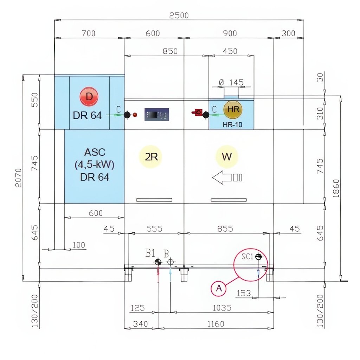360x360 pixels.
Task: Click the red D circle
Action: coord(89,97)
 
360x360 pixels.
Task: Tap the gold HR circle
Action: coord(233,110)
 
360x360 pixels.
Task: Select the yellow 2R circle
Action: coord(151,156)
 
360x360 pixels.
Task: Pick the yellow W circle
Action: coord(227,156)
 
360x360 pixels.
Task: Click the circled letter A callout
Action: coord(219,288)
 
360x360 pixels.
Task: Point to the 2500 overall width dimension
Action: coord(179,15)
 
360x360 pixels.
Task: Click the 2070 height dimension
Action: coord(18,178)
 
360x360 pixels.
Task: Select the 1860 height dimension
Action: coord(336,188)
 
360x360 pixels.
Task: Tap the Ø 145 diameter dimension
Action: coord(231,82)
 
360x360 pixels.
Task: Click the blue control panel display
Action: coord(156,115)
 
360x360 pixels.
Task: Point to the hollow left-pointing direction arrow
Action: coord(227,178)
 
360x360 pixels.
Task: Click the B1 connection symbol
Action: coord(158,262)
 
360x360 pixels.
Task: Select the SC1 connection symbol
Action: coord(258,256)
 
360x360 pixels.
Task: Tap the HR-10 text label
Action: coord(232,125)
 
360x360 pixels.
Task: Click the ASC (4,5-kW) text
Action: coord(94,159)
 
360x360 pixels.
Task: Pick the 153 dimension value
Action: coord(244,293)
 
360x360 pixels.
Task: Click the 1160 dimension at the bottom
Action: coord(216,324)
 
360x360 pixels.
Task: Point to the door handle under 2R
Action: coord(154,200)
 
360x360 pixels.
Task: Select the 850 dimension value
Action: coord(170,51)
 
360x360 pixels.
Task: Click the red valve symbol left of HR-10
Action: coord(197,112)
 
